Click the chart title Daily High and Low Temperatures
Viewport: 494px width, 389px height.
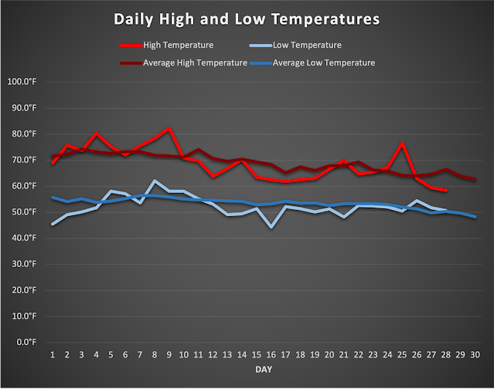coord(247,17)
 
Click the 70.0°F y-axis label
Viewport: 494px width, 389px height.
coord(23,160)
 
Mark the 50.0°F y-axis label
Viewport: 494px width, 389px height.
coord(23,212)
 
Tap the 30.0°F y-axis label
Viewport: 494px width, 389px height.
coord(23,264)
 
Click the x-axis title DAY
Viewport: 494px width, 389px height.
coord(264,370)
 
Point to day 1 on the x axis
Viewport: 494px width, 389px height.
coord(53,355)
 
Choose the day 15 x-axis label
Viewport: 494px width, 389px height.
coord(257,355)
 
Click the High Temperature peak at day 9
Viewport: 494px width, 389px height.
coord(169,128)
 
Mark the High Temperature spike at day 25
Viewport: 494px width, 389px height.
coord(402,144)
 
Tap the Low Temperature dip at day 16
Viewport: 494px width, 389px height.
coord(271,227)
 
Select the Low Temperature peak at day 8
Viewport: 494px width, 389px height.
coord(155,181)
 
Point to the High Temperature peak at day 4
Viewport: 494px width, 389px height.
coord(97,134)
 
